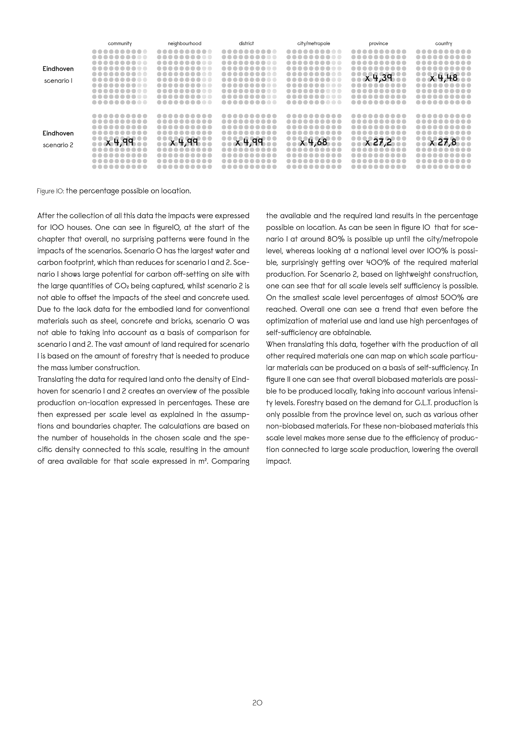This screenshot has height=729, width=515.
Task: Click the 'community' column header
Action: point(120,43)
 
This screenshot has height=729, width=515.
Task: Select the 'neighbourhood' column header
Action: point(184,43)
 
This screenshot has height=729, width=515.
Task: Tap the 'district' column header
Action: point(246,43)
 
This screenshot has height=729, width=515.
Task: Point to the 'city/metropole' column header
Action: point(314,43)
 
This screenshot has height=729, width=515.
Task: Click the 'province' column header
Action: point(378,43)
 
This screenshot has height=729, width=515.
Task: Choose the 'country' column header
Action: point(443,43)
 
